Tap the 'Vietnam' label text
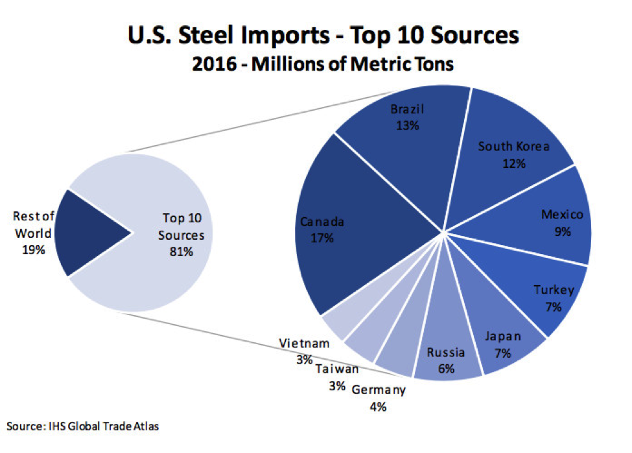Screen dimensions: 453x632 coord(304,343)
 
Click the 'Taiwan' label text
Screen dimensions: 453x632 coord(336,369)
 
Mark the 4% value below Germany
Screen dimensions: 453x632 coord(378,406)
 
